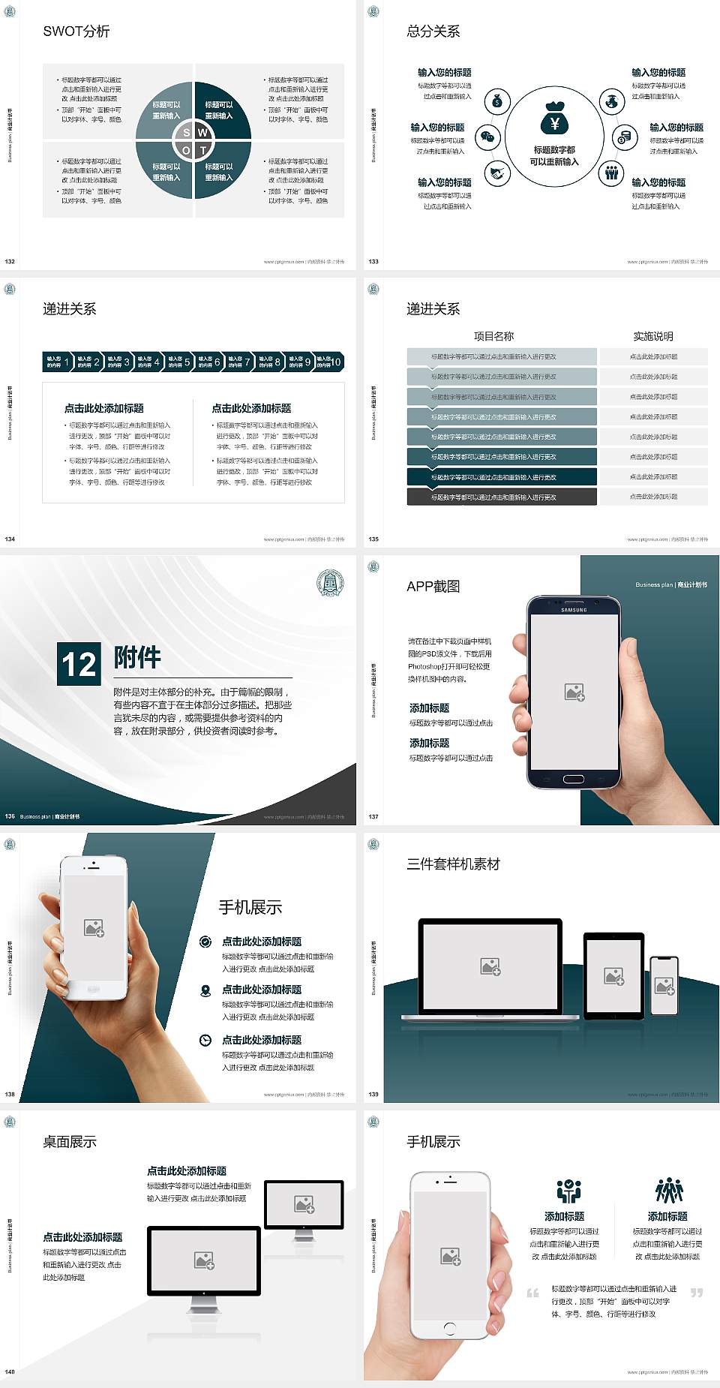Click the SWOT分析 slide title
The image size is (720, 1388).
pyautogui.click(x=76, y=32)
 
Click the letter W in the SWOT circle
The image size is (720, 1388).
pyautogui.click(x=202, y=132)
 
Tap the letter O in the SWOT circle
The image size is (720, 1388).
pyautogui.click(x=186, y=150)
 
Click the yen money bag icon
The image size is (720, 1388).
pyautogui.click(x=554, y=119)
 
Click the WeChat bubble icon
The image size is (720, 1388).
pyautogui.click(x=488, y=137)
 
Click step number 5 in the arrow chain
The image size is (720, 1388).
pyautogui.click(x=187, y=362)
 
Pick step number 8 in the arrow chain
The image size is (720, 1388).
pyautogui.click(x=277, y=362)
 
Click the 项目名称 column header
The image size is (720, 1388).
pyautogui.click(x=493, y=336)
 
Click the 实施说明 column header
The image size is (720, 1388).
pyautogui.click(x=653, y=336)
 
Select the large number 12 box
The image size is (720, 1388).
pyautogui.click(x=79, y=664)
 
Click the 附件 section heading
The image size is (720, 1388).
pyautogui.click(x=137, y=657)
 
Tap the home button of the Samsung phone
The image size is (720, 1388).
pyautogui.click(x=573, y=779)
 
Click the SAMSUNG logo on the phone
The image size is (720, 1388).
pyautogui.click(x=574, y=610)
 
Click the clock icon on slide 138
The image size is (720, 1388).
pyautogui.click(x=205, y=1040)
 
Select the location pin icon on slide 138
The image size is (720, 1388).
pyautogui.click(x=205, y=990)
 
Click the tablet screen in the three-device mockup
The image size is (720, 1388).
pyautogui.click(x=613, y=975)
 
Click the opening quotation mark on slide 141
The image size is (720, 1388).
pyautogui.click(x=533, y=1293)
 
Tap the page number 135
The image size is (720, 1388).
pyautogui.click(x=373, y=539)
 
